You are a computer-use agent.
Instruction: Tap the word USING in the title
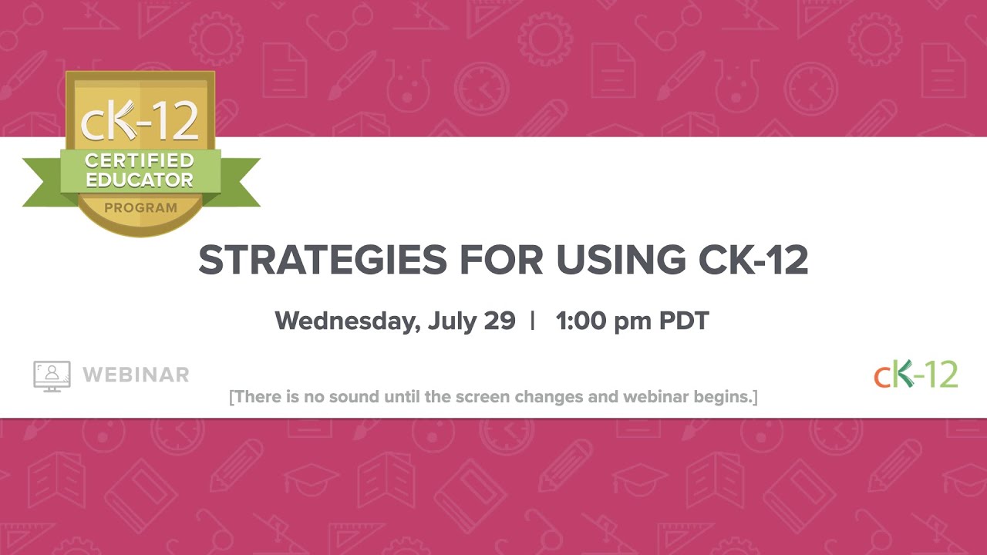(x=620, y=261)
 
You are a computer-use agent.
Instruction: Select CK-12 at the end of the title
(x=753, y=261)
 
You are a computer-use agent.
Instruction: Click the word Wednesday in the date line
(x=345, y=321)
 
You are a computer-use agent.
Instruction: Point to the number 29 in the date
(x=500, y=321)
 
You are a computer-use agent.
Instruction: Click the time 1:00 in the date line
(x=581, y=321)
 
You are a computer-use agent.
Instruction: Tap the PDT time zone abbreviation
(x=684, y=321)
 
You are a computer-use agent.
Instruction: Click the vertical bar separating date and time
(x=533, y=321)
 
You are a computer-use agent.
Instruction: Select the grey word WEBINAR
(x=136, y=375)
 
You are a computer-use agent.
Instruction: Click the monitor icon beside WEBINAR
(x=52, y=375)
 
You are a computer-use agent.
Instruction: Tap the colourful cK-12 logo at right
(x=915, y=374)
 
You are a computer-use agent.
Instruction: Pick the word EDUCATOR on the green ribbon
(x=140, y=180)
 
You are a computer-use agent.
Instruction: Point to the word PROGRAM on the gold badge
(x=140, y=208)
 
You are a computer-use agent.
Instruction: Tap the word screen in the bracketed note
(x=483, y=397)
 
